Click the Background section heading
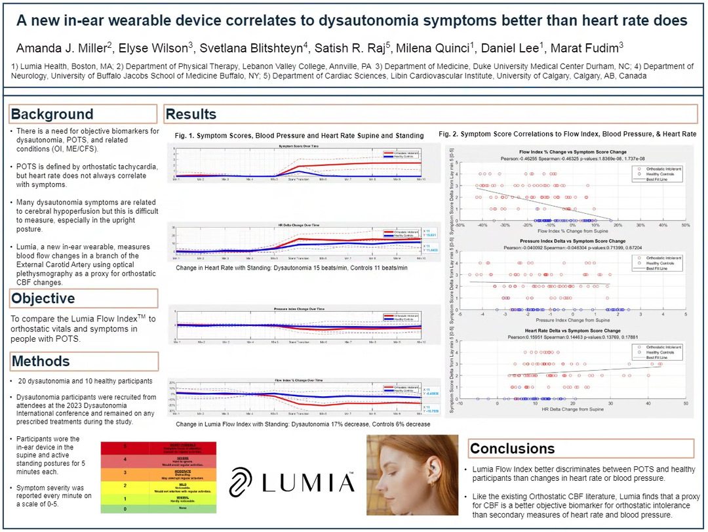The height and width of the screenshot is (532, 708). tap(52, 114)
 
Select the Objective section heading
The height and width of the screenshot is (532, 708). tap(43, 298)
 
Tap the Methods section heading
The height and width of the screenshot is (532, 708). tap(41, 361)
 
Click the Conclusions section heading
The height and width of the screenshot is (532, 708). tap(513, 449)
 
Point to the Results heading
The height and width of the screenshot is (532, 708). tap(191, 114)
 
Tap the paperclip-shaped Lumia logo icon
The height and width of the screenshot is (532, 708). tap(242, 481)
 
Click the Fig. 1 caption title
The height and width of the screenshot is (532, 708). tap(300, 135)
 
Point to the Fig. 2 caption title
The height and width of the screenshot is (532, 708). tap(568, 134)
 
